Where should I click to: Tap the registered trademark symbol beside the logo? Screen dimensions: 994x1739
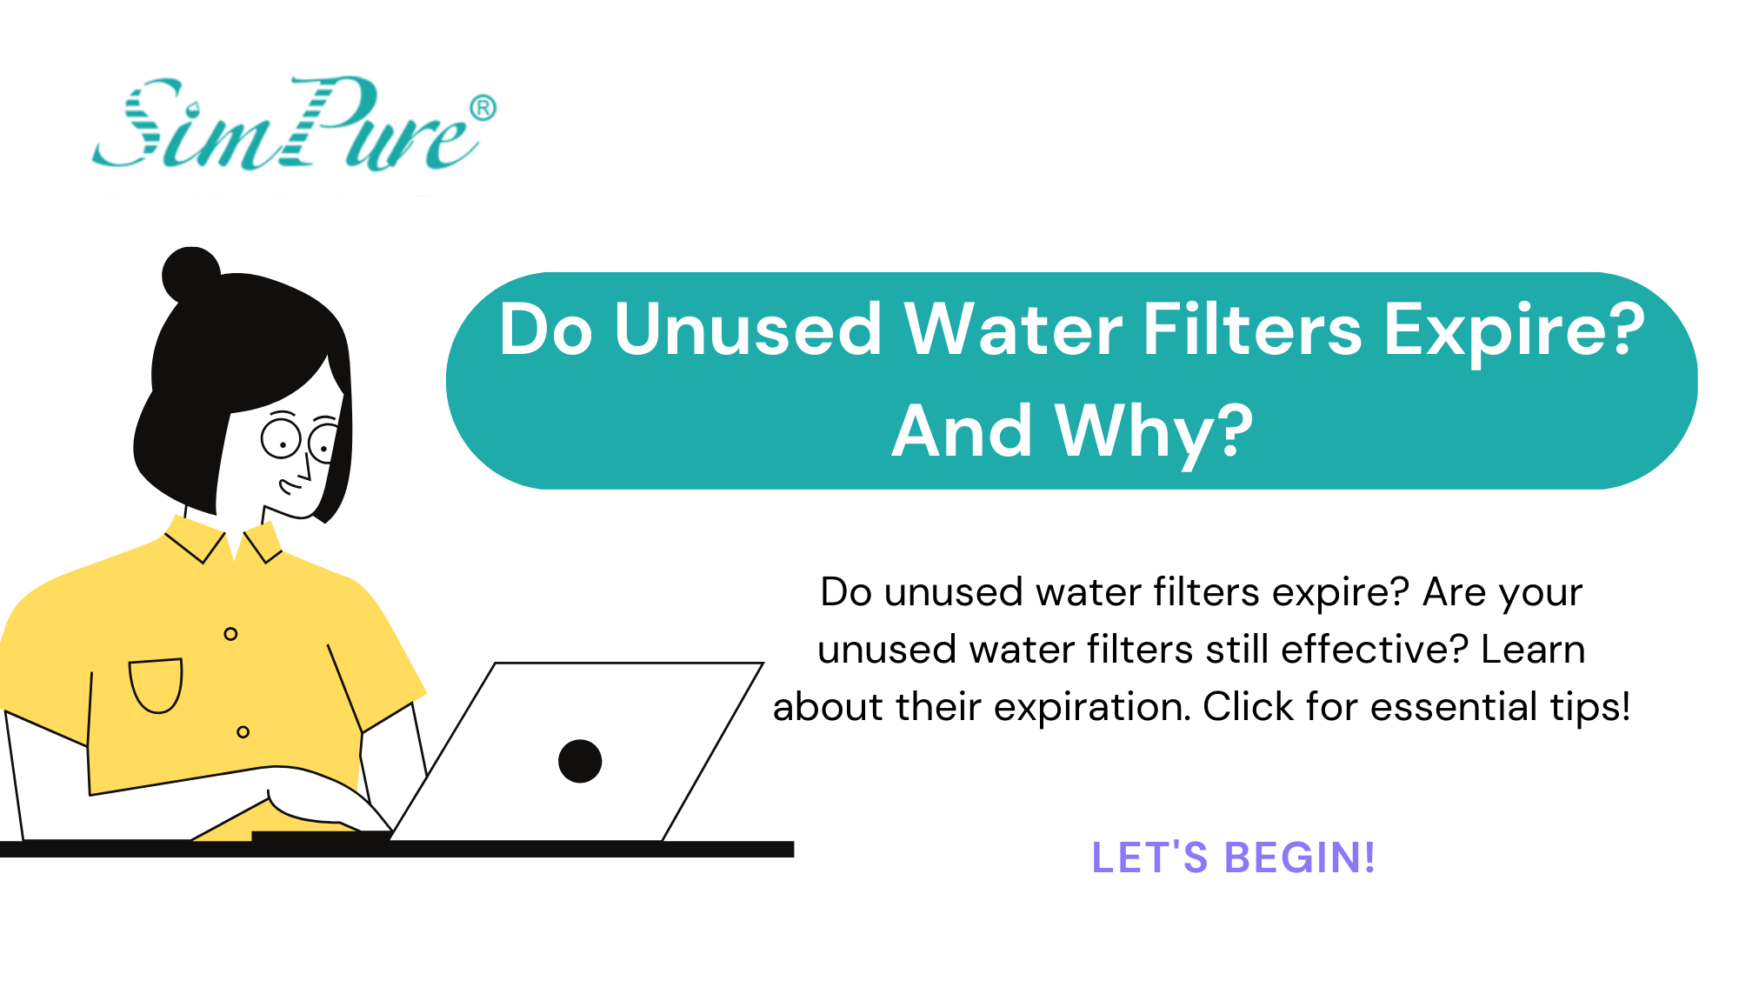[483, 108]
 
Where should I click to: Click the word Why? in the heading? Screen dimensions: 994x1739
[1154, 432]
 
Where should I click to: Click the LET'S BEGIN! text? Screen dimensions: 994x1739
[1233, 857]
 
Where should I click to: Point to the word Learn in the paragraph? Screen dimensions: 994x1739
[1533, 650]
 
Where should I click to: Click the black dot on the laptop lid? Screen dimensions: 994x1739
[580, 761]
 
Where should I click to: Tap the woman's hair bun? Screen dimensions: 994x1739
[190, 274]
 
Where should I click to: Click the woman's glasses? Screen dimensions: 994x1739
[300, 439]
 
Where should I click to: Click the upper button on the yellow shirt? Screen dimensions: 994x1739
[230, 634]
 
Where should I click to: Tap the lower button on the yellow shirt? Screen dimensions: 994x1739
[243, 732]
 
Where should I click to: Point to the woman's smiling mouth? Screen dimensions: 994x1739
[289, 487]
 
